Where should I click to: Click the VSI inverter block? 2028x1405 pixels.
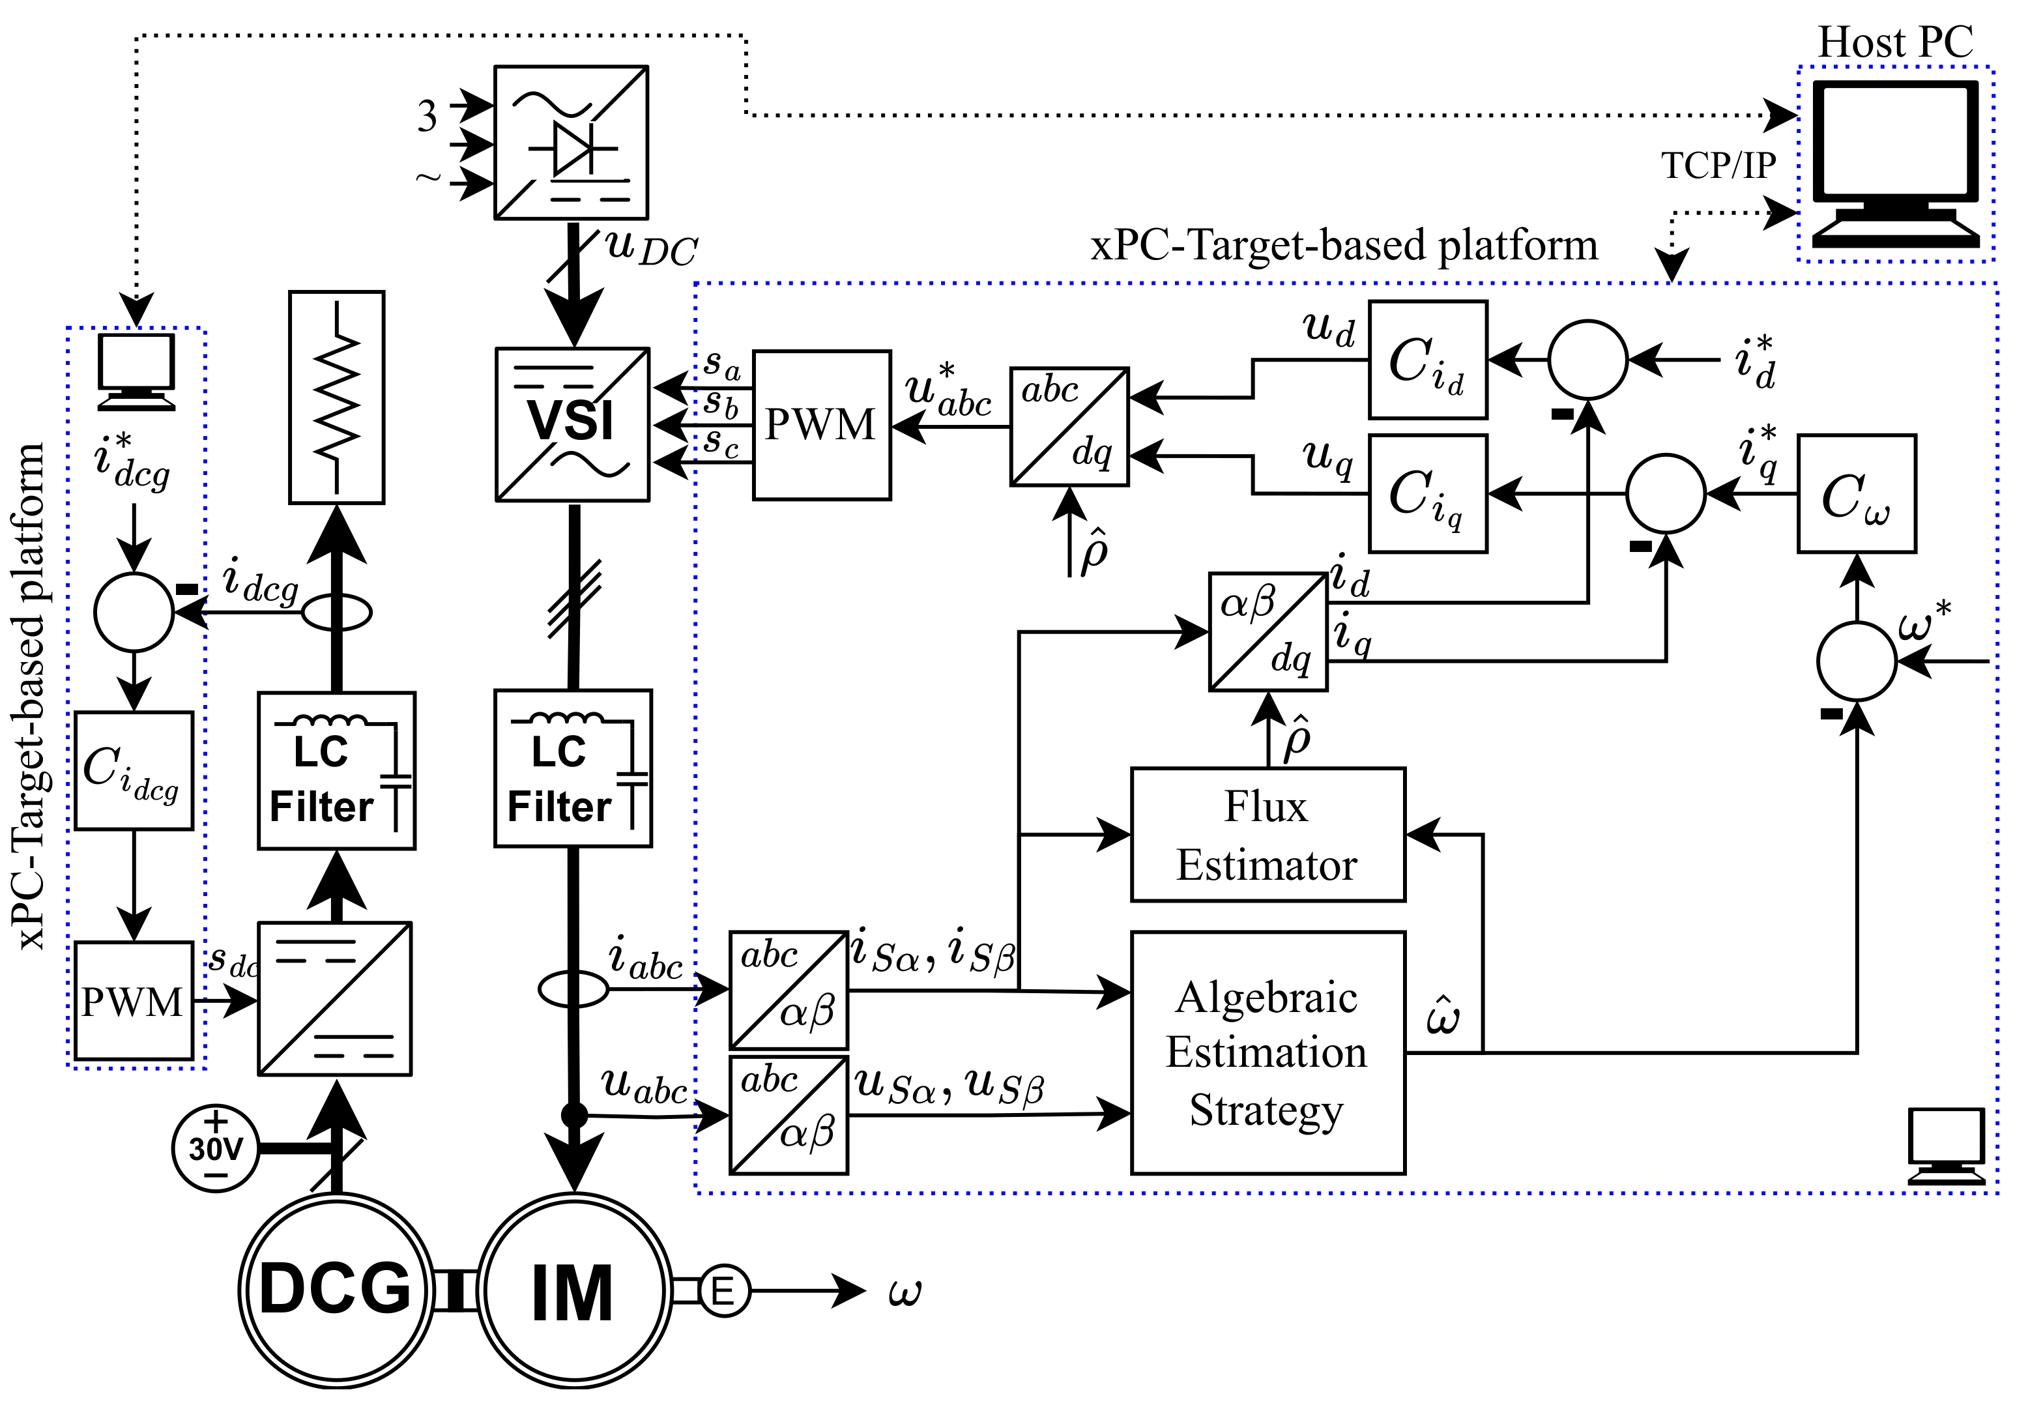[572, 424]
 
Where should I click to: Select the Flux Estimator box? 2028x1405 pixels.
[1267, 835]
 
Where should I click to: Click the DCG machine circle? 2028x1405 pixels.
[336, 1290]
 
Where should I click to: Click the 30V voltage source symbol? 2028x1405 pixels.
[216, 1148]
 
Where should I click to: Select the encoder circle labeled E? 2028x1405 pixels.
[723, 1292]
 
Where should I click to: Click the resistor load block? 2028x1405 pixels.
[336, 397]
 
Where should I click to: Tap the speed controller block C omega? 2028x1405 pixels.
[1855, 494]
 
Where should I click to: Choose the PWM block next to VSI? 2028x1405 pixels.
[821, 425]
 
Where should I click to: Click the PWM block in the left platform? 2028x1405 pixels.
[134, 1001]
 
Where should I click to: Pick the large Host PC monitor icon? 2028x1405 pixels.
[1895, 163]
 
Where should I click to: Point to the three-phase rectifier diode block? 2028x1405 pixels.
[570, 143]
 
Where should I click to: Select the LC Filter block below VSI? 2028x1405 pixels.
[573, 768]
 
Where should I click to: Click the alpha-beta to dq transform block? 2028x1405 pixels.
[1267, 631]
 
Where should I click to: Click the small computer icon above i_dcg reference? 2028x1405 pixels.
[136, 371]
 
